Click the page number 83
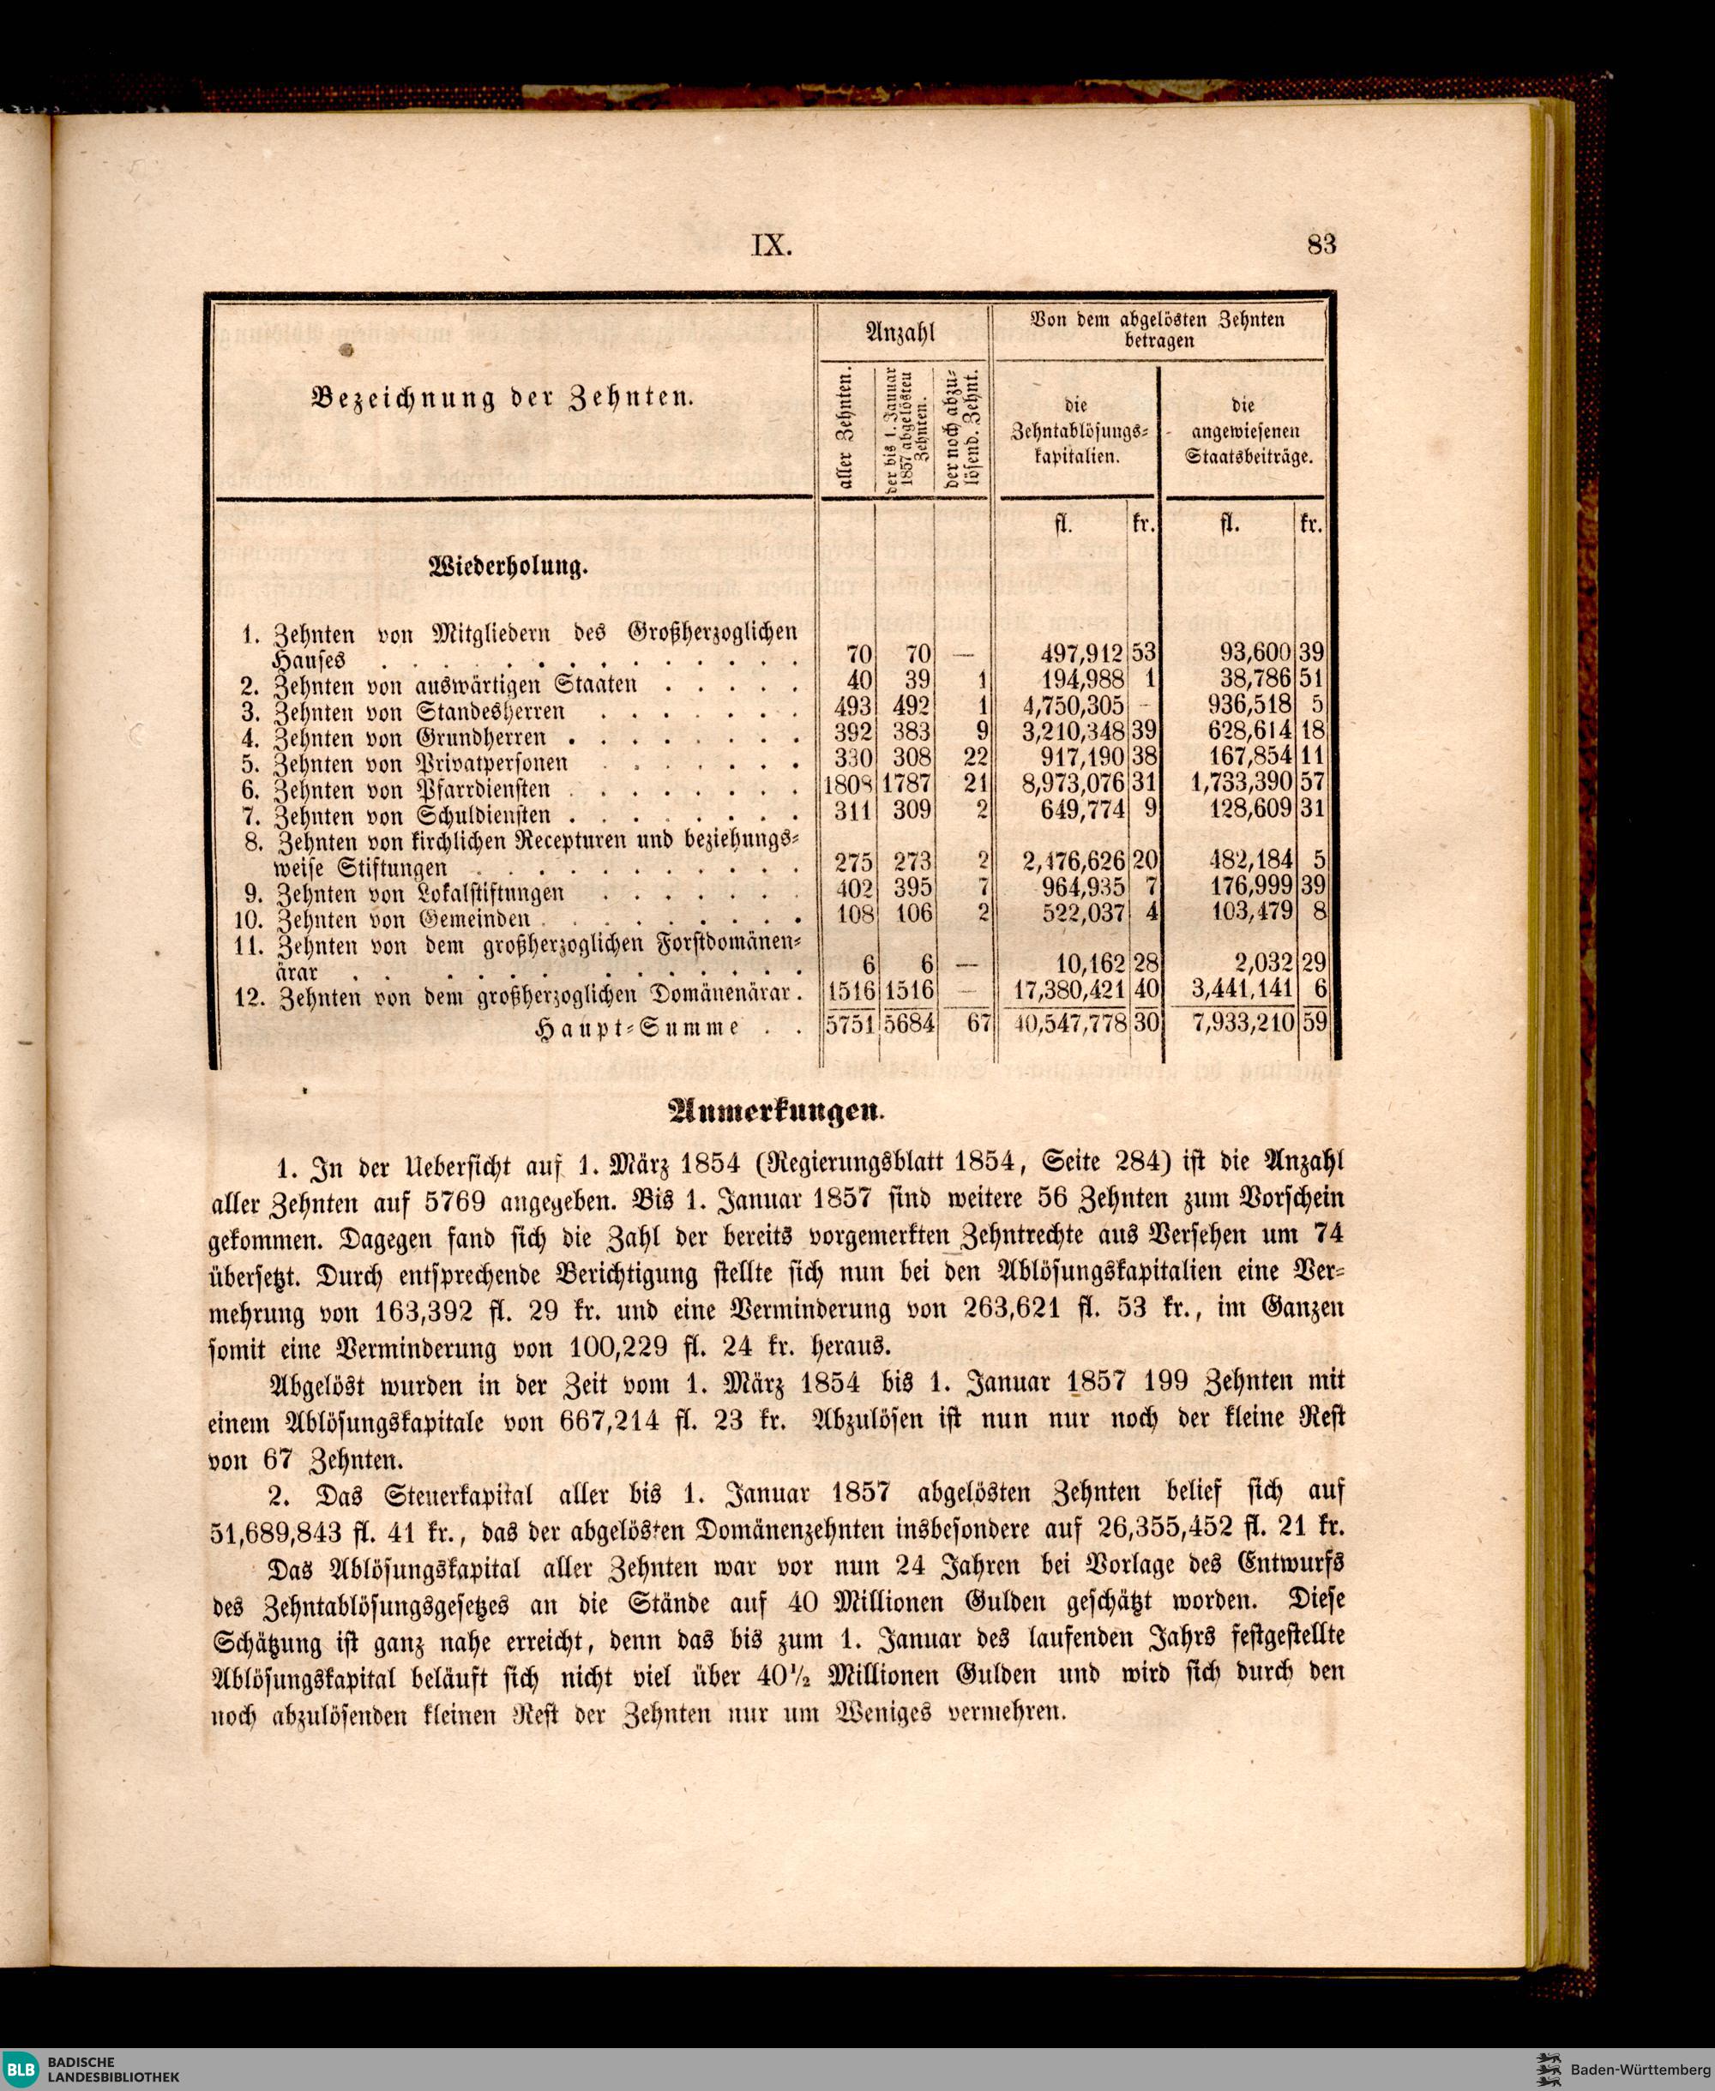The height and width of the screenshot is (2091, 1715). pyautogui.click(x=1321, y=244)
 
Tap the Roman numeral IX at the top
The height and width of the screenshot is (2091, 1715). pyautogui.click(x=773, y=245)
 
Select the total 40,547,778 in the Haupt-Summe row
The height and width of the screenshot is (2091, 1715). pyautogui.click(x=1064, y=1024)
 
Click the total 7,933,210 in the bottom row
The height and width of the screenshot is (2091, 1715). pyautogui.click(x=1243, y=1024)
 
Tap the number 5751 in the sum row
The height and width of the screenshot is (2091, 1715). pyautogui.click(x=849, y=1024)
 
